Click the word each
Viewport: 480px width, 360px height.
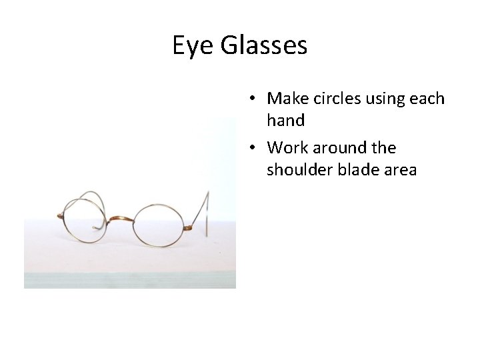[x=427, y=99]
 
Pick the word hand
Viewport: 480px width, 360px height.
[x=285, y=121]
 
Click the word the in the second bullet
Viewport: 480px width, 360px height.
[x=383, y=147]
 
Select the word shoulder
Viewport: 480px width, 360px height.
[x=297, y=169]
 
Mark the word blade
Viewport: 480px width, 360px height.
[x=351, y=169]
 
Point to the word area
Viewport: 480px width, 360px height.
[x=397, y=171]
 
